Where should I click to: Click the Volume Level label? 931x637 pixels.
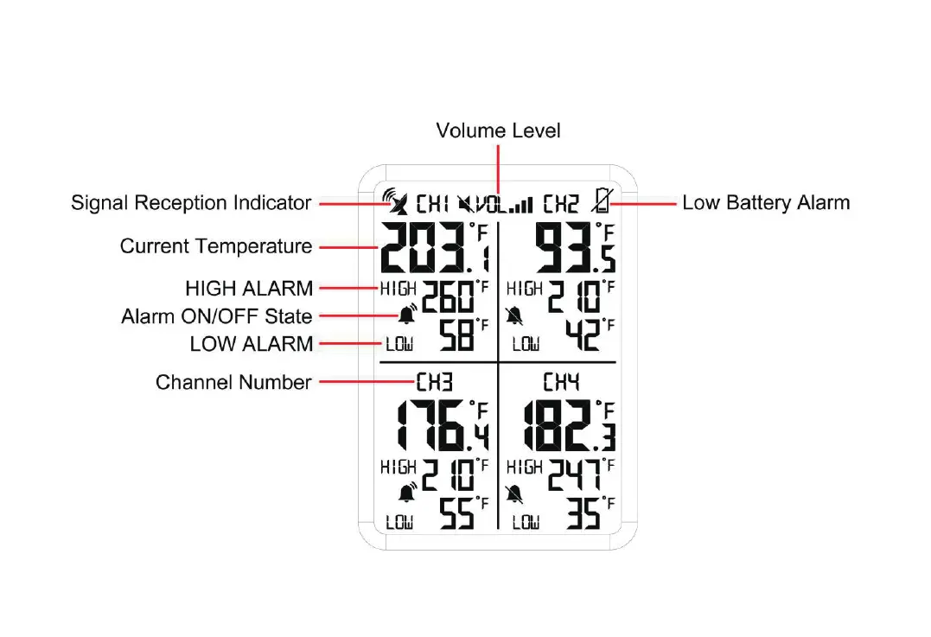tap(498, 131)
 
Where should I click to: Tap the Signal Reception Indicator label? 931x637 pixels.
tap(191, 203)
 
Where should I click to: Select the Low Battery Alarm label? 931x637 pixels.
tap(766, 203)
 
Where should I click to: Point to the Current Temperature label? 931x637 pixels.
tap(216, 246)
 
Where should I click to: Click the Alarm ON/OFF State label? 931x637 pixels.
tap(217, 316)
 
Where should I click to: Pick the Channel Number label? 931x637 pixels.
tap(233, 382)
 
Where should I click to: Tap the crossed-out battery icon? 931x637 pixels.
tap(601, 202)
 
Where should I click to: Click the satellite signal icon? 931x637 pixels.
tap(396, 202)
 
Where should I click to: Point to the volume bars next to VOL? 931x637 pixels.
tap(521, 205)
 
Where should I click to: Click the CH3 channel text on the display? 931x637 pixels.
tap(434, 382)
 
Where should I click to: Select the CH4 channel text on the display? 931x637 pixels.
tap(561, 382)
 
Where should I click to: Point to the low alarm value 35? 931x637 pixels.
tap(583, 514)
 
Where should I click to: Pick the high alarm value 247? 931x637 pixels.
tap(575, 475)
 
